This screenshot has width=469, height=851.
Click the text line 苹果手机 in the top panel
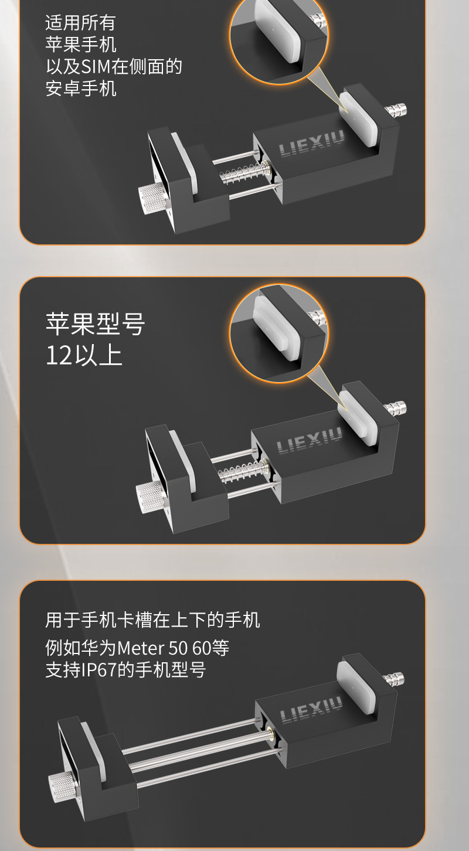[81, 45]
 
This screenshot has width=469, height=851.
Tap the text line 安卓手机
[81, 88]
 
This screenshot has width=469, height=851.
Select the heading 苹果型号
[96, 324]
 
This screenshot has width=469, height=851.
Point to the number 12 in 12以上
[59, 356]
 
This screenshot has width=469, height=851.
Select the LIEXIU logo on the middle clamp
[309, 440]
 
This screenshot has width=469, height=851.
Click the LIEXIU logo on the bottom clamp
[311, 710]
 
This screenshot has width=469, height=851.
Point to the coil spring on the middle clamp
[243, 470]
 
